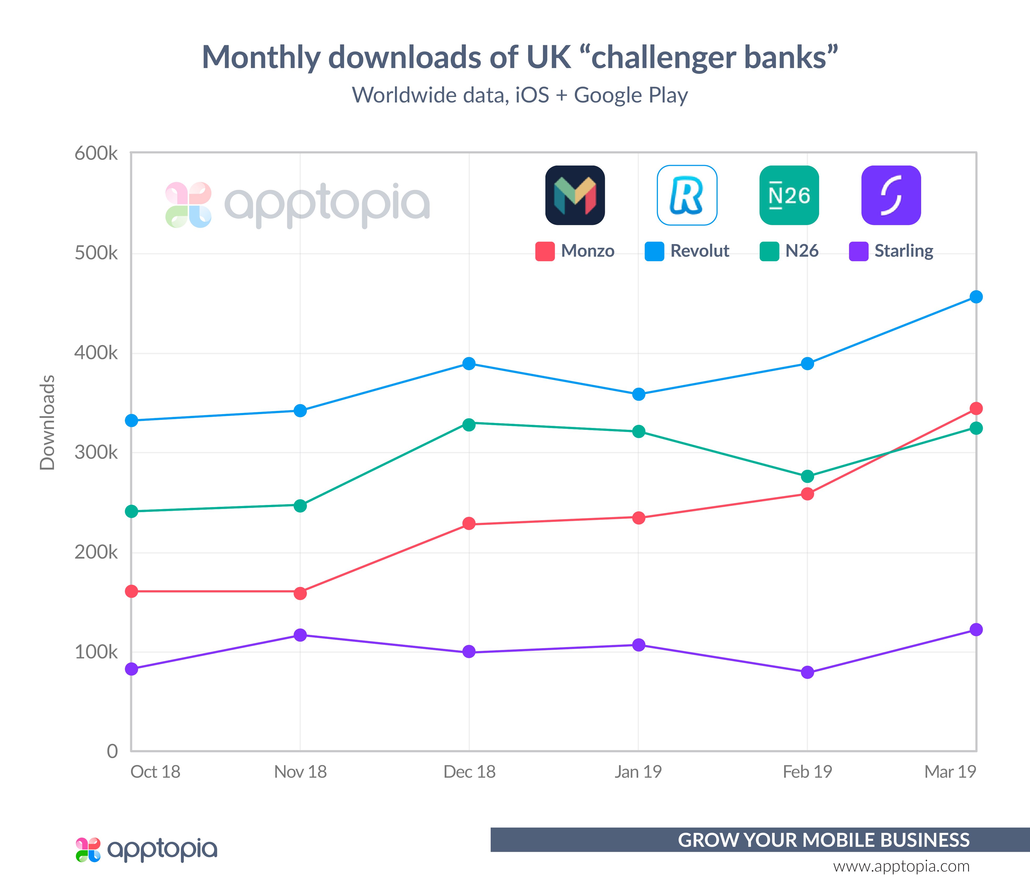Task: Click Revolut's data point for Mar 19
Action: click(976, 297)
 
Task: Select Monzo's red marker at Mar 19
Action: click(976, 408)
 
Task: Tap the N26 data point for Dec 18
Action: click(469, 425)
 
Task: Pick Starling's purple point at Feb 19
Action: click(807, 672)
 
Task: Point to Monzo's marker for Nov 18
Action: click(300, 593)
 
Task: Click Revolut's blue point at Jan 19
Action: click(638, 394)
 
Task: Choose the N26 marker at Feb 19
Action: click(807, 476)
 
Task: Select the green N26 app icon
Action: click(789, 195)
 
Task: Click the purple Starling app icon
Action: click(891, 195)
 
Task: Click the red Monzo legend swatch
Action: click(545, 251)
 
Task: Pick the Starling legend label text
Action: click(904, 251)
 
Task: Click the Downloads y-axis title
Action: click(47, 422)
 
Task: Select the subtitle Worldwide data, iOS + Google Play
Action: click(520, 95)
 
